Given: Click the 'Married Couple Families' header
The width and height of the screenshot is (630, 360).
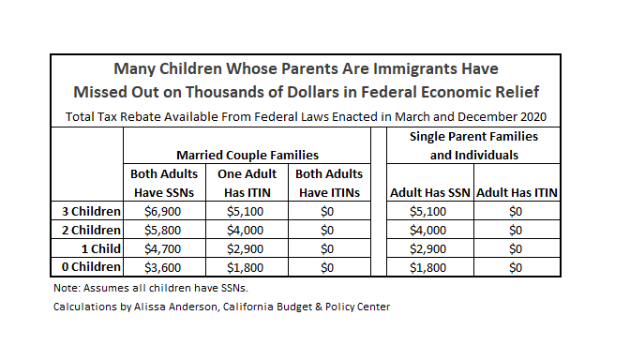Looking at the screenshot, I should pyautogui.click(x=247, y=154).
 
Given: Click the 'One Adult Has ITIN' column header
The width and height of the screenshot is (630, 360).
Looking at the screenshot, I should pyautogui.click(x=247, y=184).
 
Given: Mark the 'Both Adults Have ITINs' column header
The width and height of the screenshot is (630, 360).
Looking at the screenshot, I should pyautogui.click(x=329, y=184).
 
